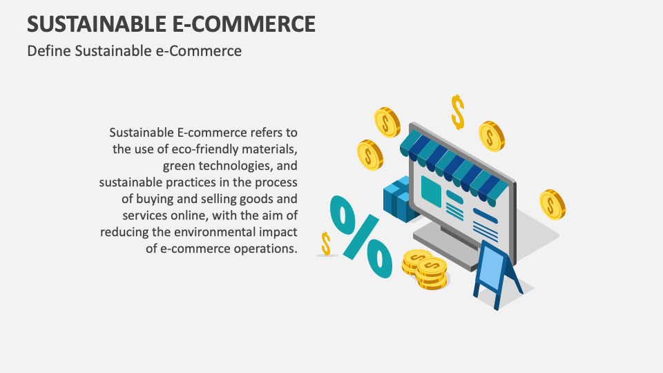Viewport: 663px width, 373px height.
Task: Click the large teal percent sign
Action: coord(361,234)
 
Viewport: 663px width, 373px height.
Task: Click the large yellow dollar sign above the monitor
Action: coord(457,111)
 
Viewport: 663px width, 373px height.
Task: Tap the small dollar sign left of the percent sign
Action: coord(326,243)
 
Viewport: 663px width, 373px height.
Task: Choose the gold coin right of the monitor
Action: coord(551,204)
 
